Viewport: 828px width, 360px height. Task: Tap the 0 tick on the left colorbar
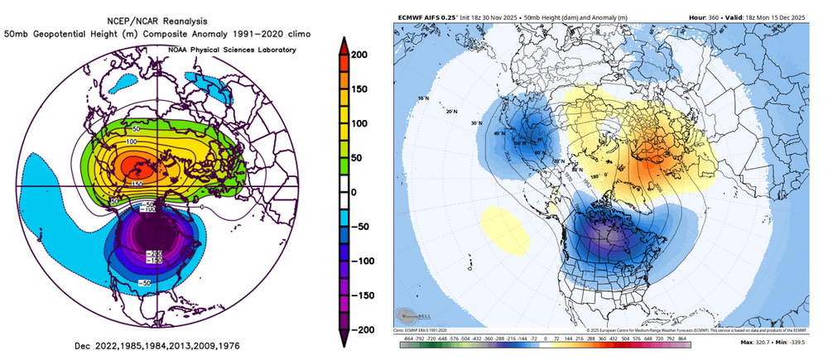(x=363, y=191)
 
